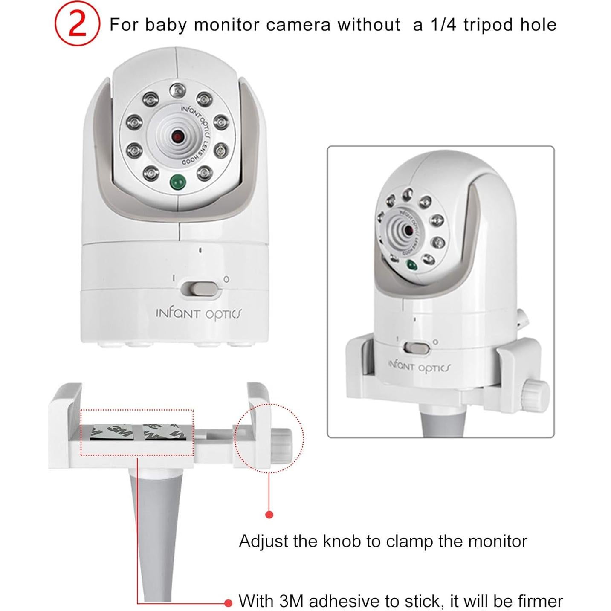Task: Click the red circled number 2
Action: pyautogui.click(x=77, y=24)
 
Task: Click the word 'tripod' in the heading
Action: pyautogui.click(x=488, y=25)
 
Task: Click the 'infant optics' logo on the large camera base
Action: pyautogui.click(x=198, y=314)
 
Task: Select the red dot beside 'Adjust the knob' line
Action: pyautogui.click(x=269, y=515)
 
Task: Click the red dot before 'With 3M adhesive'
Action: pyautogui.click(x=229, y=602)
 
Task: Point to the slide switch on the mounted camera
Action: pyautogui.click(x=417, y=348)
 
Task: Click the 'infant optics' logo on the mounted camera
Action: pyautogui.click(x=419, y=367)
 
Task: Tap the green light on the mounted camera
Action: pyautogui.click(x=411, y=265)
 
